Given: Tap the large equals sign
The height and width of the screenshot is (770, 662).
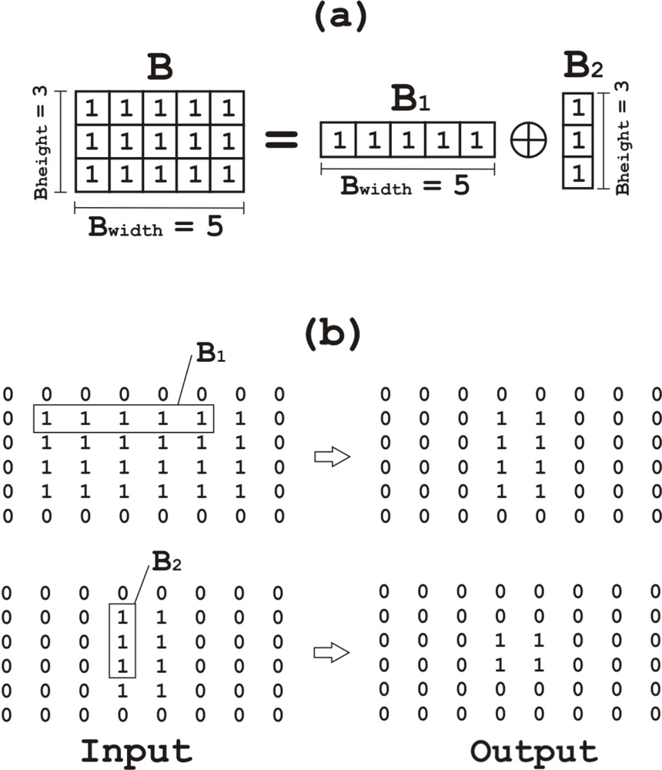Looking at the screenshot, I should coord(282,142).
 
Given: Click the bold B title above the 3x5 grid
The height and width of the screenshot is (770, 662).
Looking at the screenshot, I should coord(160,69).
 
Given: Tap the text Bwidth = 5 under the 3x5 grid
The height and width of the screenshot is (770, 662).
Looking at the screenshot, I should coord(159,229).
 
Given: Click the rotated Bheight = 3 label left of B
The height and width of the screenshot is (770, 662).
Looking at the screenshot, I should coord(43,142).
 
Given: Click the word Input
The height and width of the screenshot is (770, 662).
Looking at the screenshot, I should coord(136,751).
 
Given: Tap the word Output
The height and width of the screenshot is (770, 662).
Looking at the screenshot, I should coord(534,751).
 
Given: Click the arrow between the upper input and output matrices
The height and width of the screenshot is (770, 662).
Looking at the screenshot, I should coord(333,457).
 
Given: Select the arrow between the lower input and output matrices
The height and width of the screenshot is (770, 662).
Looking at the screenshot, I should coord(333,653).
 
